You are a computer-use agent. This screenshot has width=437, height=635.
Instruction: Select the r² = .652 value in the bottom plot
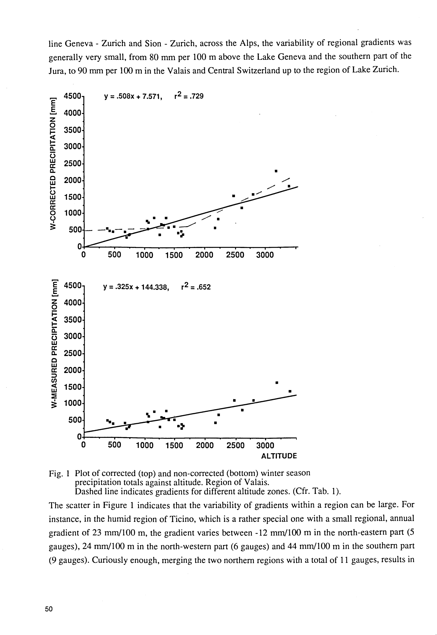(196, 287)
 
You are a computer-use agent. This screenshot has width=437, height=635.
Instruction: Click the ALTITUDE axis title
(279, 456)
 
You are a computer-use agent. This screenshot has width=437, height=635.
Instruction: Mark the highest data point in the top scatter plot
(276, 171)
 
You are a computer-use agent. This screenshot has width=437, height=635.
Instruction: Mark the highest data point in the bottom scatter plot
(277, 383)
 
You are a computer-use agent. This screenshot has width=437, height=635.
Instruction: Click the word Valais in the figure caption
(255, 482)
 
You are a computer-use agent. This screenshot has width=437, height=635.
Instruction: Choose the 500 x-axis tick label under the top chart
(114, 255)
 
